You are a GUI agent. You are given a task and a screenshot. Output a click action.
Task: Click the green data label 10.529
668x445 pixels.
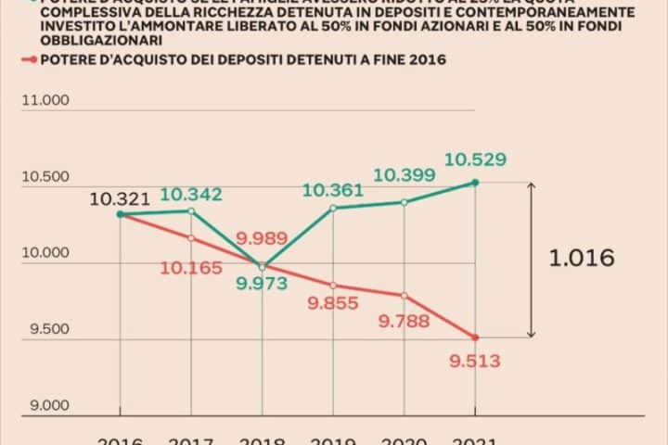click(475, 160)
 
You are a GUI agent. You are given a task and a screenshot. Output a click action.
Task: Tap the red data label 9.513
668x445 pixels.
click(475, 362)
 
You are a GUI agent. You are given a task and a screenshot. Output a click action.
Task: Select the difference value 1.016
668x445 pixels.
click(582, 258)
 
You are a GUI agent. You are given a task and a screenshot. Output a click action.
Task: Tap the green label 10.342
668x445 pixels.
click(190, 195)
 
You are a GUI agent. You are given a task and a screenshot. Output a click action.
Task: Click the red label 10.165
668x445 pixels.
click(191, 269)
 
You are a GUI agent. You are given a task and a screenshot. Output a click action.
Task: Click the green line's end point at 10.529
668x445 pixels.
click(475, 183)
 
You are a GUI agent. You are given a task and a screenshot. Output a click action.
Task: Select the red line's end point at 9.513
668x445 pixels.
click(475, 337)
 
